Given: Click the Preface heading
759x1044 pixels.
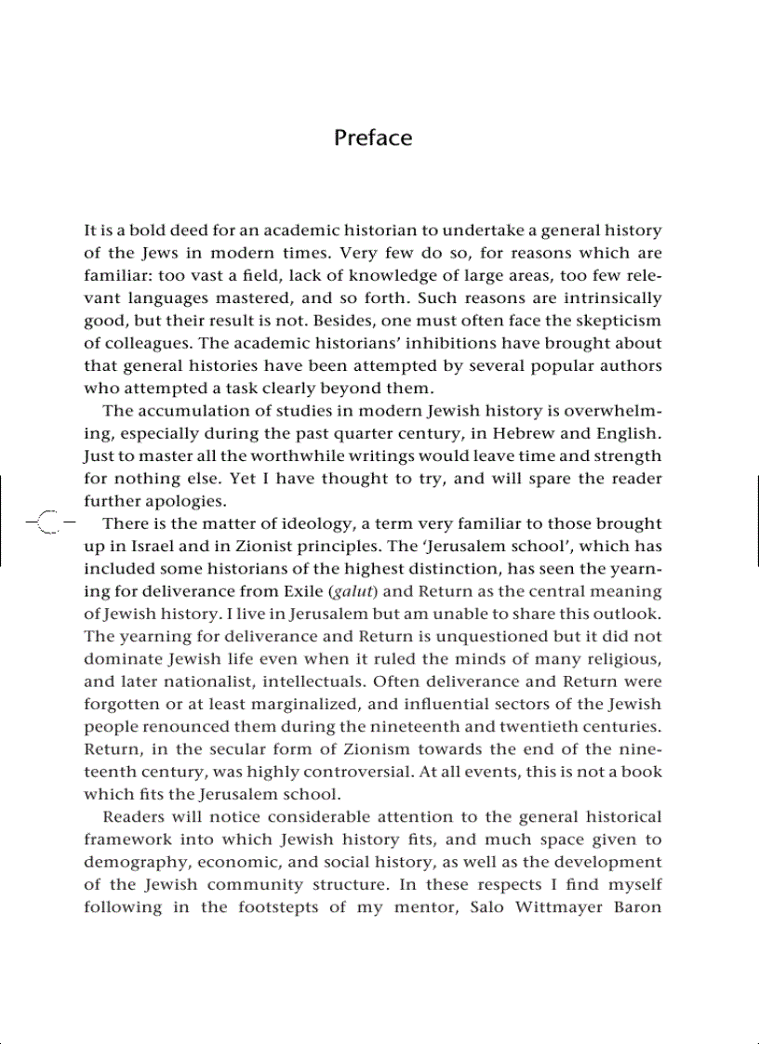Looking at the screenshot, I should click(372, 138).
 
